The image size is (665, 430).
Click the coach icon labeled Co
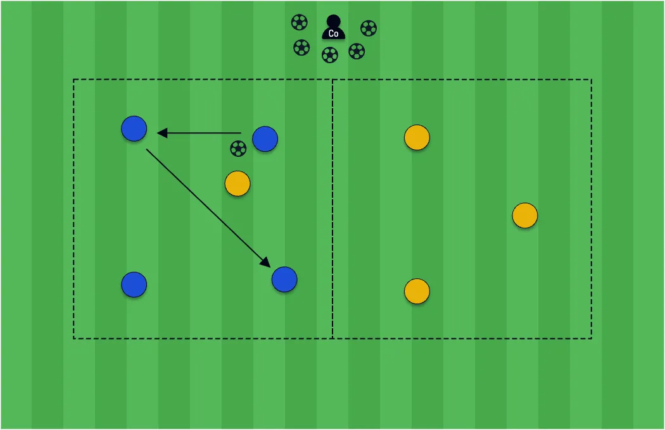pyautogui.click(x=333, y=28)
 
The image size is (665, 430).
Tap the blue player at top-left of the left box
pyautogui.click(x=134, y=128)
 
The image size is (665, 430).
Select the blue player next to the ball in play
pyautogui.click(x=265, y=138)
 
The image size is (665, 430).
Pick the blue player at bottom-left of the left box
pyautogui.click(x=134, y=285)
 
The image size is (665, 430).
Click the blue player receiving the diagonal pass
pyautogui.click(x=284, y=279)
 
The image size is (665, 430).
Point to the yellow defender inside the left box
pyautogui.click(x=237, y=183)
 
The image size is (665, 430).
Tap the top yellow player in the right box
pyautogui.click(x=417, y=137)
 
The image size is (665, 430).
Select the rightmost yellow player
pyautogui.click(x=525, y=215)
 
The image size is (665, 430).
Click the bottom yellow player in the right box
pyautogui.click(x=417, y=291)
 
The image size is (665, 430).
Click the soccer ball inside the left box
pyautogui.click(x=238, y=149)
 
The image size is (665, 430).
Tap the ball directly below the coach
pyautogui.click(x=330, y=55)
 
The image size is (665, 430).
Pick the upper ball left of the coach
pyautogui.click(x=300, y=23)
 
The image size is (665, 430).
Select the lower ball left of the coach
pyautogui.click(x=301, y=47)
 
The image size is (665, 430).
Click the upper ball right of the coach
pyautogui.click(x=369, y=28)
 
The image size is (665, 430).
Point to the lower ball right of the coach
pyautogui.click(x=357, y=51)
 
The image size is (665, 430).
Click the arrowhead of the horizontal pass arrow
pyautogui.click(x=161, y=133)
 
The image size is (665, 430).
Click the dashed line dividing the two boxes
pyautogui.click(x=332, y=209)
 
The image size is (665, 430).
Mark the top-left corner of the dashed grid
pyautogui.click(x=73, y=79)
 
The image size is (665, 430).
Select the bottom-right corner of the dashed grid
pyautogui.click(x=592, y=338)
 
